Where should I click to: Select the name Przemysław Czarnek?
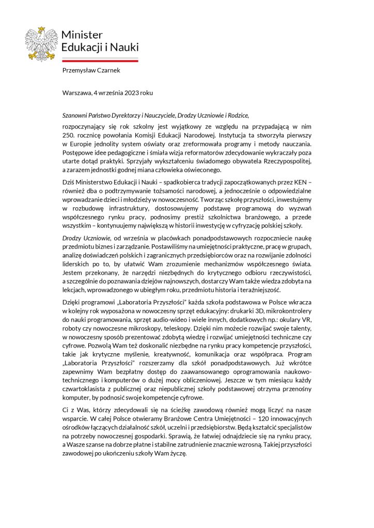pyautogui.click(x=91, y=71)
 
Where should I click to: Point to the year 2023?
pyautogui.click(x=130, y=93)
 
